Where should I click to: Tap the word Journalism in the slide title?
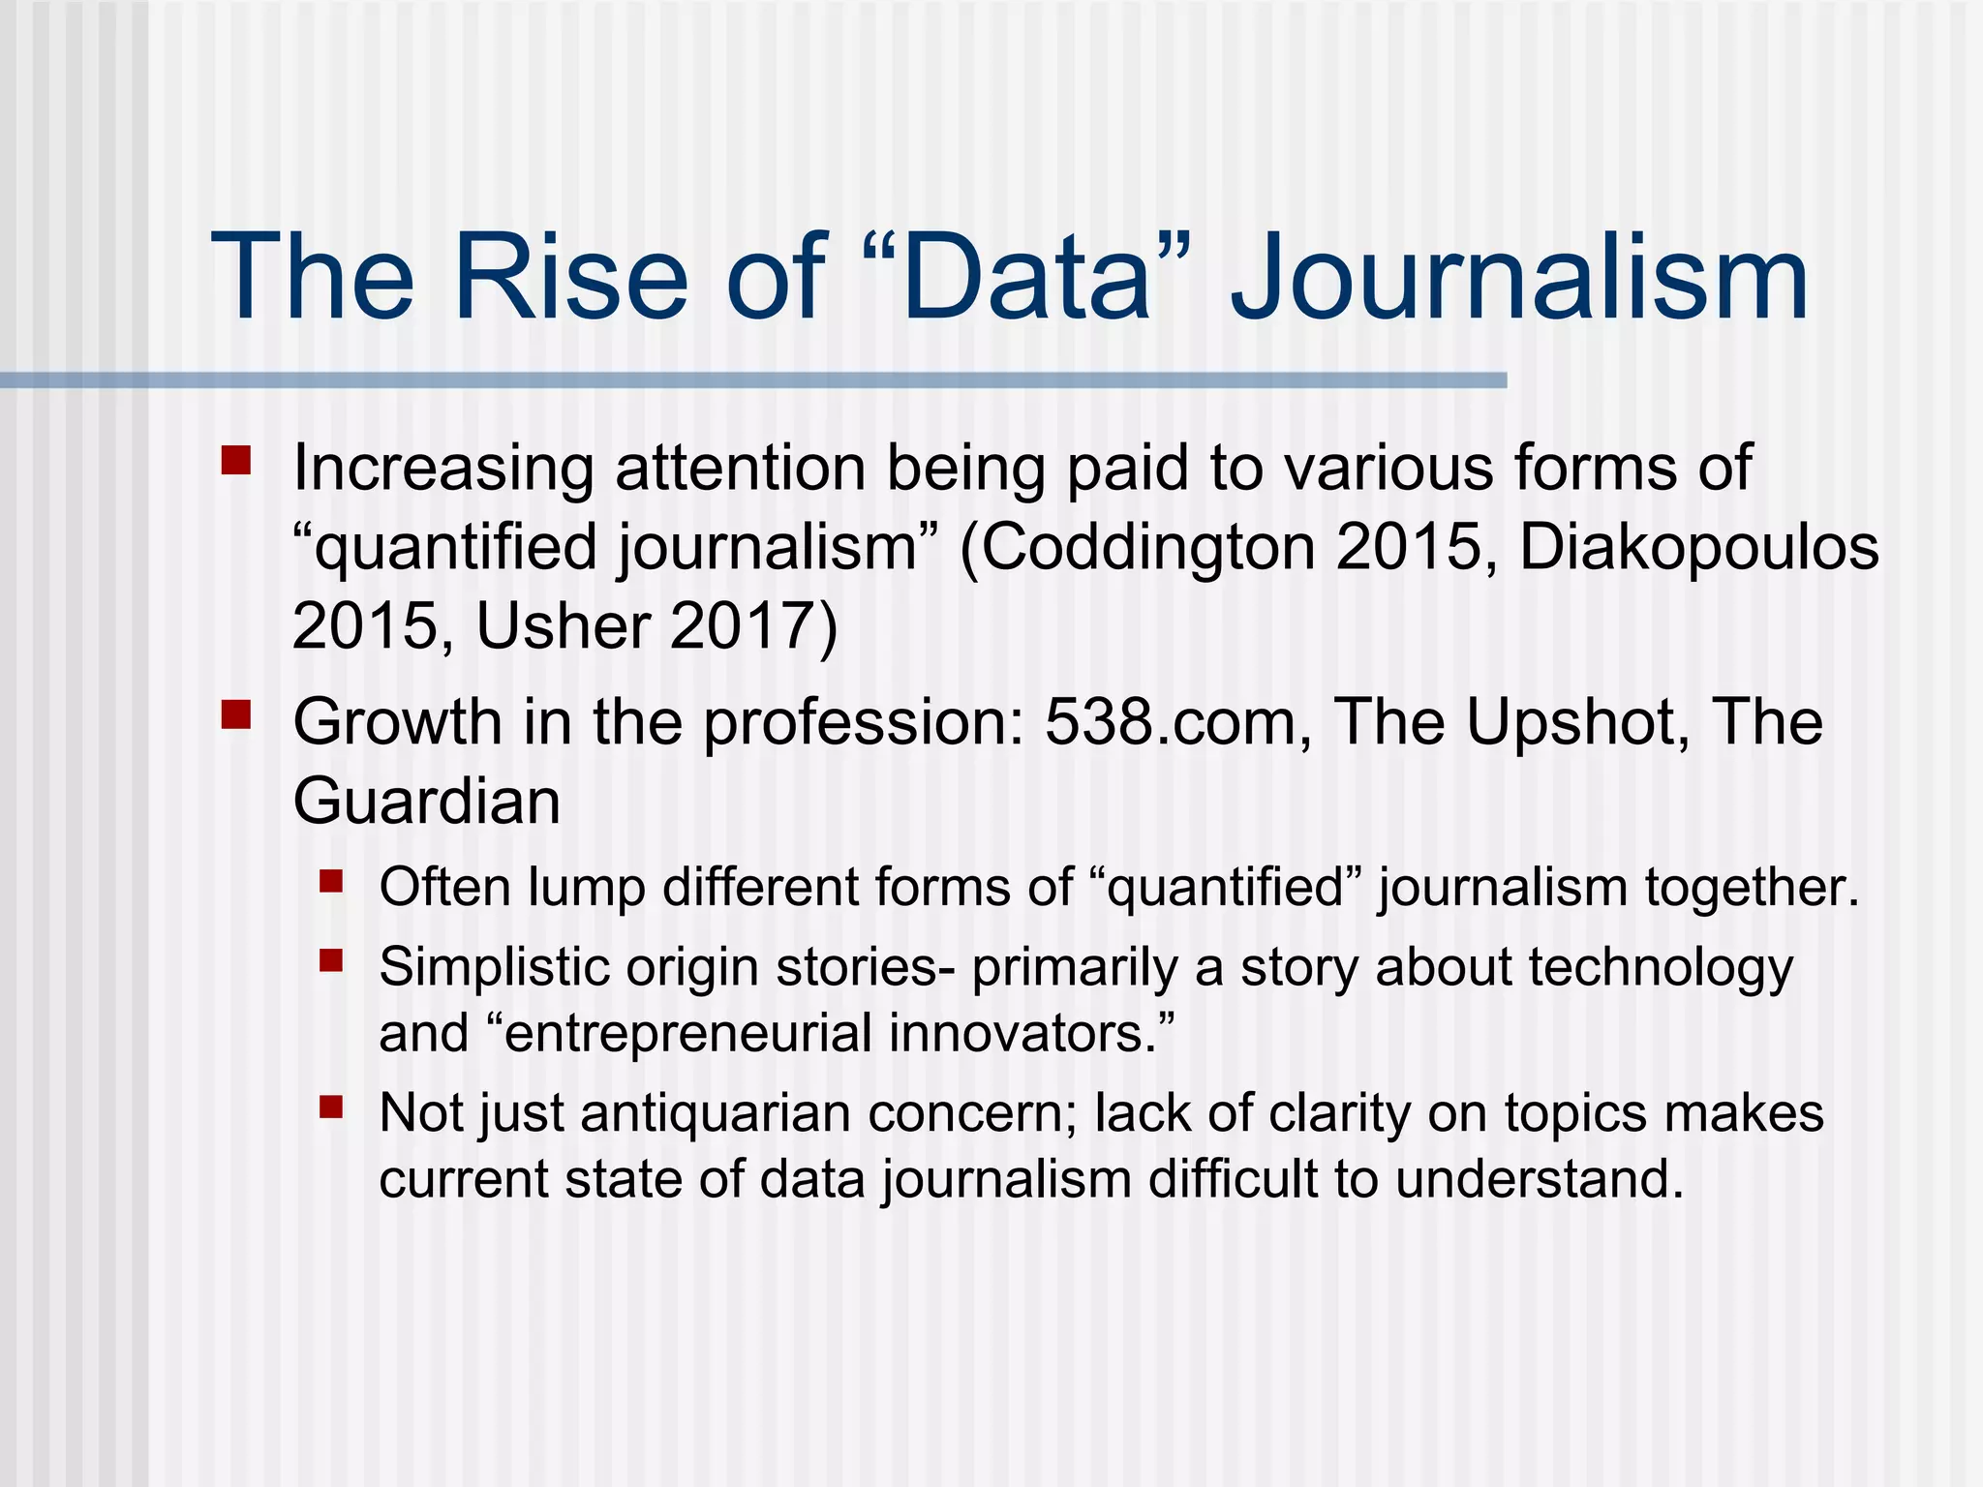1518,279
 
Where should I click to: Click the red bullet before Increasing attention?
235,460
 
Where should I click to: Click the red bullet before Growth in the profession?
235,715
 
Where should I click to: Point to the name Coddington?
1147,548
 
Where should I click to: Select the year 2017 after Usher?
742,626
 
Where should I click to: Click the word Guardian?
426,802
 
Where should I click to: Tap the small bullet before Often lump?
331,881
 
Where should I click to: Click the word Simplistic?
493,967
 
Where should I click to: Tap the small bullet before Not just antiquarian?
331,1107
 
